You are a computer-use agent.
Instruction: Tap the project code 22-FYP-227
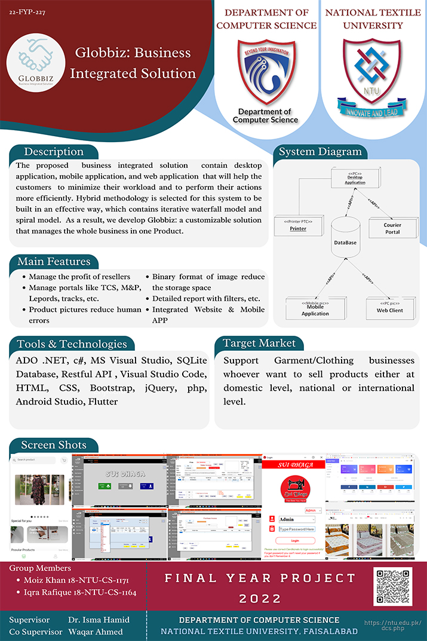[27, 11]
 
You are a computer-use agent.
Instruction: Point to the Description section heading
[53, 152]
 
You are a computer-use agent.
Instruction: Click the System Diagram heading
[320, 152]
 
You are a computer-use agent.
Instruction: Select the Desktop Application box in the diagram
[355, 178]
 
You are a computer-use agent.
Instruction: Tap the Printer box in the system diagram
[298, 225]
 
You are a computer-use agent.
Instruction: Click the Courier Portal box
[392, 228]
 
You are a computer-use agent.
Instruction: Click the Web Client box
[389, 308]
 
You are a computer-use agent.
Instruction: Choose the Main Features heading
[54, 262]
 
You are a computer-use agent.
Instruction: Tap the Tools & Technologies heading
[72, 343]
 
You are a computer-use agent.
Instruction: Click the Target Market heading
[259, 343]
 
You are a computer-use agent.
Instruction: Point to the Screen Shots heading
[54, 445]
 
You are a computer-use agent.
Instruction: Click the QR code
[392, 587]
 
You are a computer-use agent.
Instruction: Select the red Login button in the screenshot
[295, 540]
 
